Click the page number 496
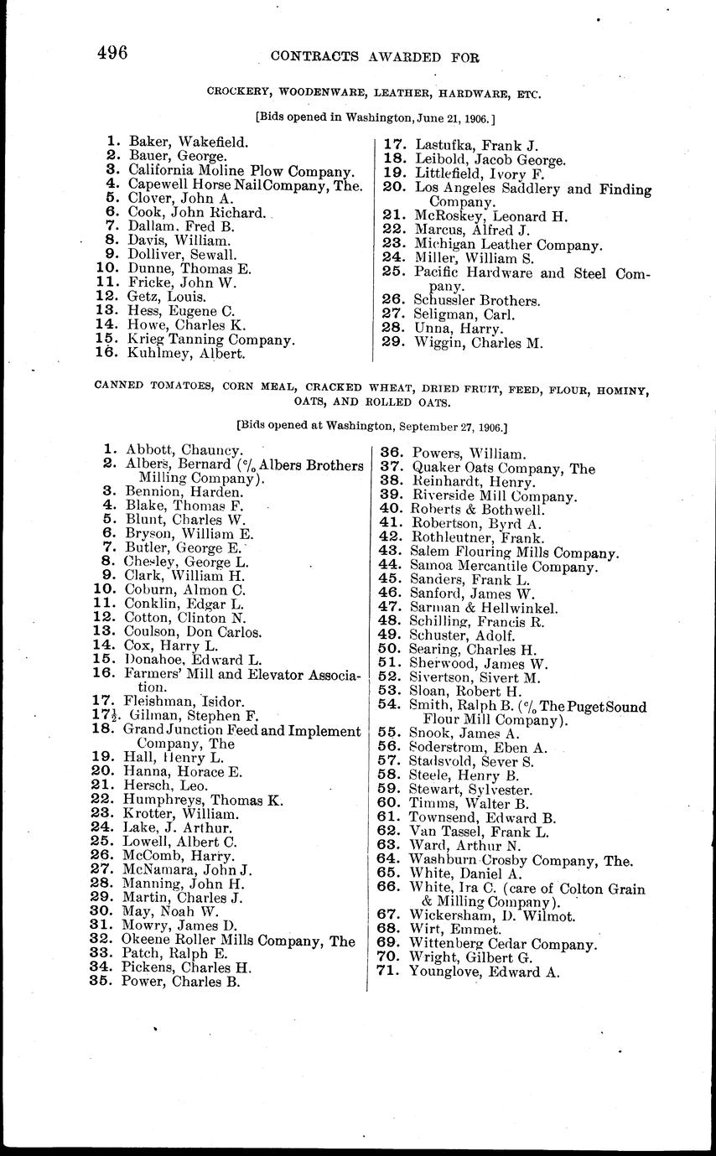click(x=112, y=54)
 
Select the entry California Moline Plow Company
click(x=241, y=170)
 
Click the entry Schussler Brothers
click(x=476, y=300)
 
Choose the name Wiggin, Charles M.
click(x=478, y=342)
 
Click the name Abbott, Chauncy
click(x=184, y=451)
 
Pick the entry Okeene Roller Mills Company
click(x=240, y=941)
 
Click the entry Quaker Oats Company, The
click(x=501, y=468)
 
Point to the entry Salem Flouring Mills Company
click(x=514, y=552)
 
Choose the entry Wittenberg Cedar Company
click(x=502, y=944)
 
